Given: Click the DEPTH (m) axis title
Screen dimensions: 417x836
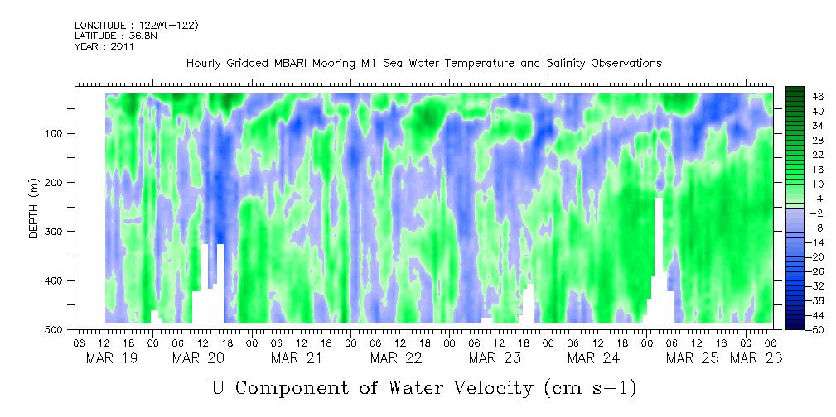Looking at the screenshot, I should coord(34,211).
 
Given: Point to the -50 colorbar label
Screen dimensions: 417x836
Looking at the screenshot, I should coord(796,329).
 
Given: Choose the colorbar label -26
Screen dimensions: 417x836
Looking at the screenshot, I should coord(796,271).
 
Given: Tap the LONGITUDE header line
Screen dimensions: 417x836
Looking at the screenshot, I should coord(136,26).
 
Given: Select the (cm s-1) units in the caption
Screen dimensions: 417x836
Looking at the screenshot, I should coord(590,387).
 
